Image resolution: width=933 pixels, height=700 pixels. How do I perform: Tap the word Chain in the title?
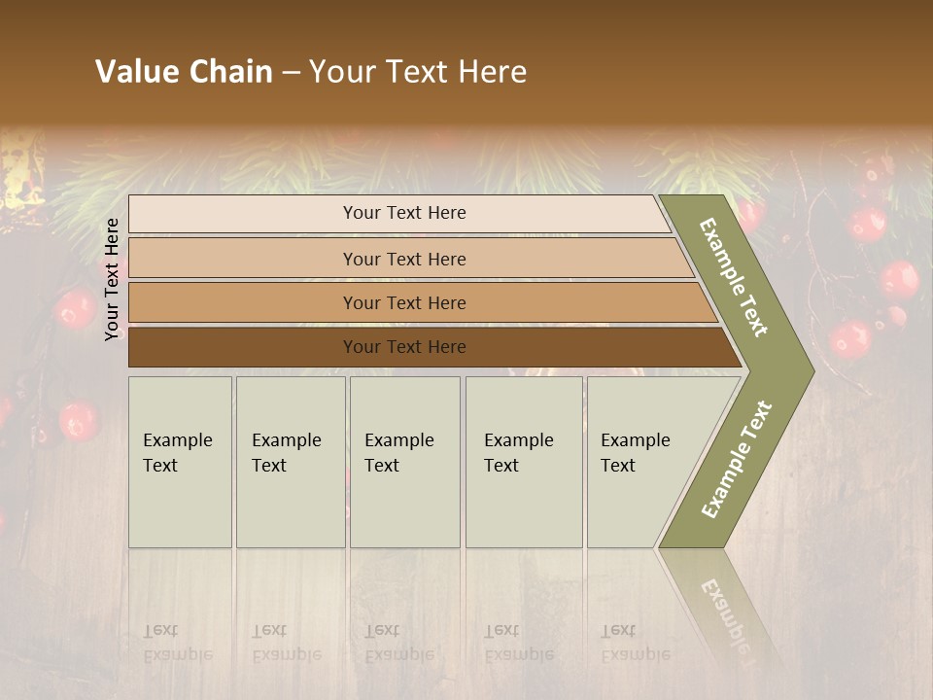(229, 72)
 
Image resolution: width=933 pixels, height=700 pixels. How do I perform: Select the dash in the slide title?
(291, 73)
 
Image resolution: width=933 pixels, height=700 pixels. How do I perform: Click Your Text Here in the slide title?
(418, 72)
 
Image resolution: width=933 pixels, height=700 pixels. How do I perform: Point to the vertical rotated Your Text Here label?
(112, 279)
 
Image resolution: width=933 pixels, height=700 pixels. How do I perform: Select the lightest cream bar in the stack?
(398, 213)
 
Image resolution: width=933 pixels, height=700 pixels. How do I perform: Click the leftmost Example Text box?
(180, 462)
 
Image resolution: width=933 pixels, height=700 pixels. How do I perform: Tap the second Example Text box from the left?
(291, 462)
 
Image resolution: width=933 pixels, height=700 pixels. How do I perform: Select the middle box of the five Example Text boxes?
(404, 462)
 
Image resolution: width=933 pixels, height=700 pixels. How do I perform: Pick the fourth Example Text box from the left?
(524, 462)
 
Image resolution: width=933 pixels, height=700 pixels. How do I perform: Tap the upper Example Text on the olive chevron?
(734, 277)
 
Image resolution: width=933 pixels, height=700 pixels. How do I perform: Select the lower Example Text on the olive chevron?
(736, 459)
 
